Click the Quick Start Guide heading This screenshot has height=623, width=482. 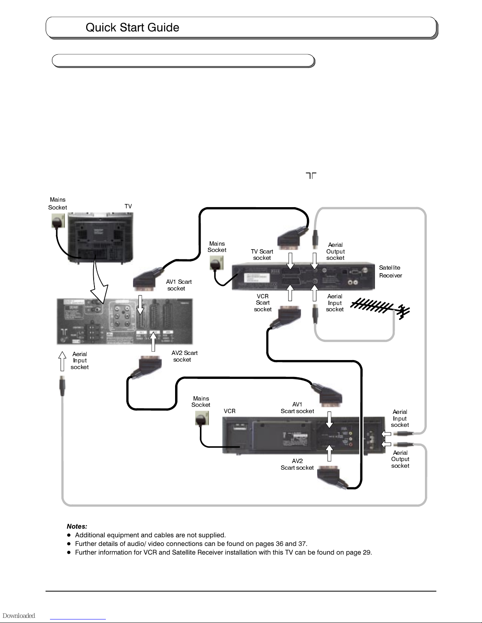[x=132, y=28]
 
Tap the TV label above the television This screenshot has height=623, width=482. [x=128, y=206]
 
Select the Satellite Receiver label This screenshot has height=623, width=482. [x=390, y=272]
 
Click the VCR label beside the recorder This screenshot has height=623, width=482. [x=229, y=411]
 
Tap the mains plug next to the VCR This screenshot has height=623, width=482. [x=202, y=419]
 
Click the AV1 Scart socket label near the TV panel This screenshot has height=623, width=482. [x=178, y=285]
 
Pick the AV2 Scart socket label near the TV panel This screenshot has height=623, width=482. [x=184, y=356]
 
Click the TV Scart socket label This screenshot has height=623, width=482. [x=262, y=255]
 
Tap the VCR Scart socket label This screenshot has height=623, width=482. [x=263, y=303]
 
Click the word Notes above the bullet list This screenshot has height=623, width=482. [x=77, y=526]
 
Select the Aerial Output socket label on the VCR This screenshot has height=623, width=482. [x=400, y=459]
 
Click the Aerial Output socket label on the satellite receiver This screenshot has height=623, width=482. [x=335, y=252]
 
